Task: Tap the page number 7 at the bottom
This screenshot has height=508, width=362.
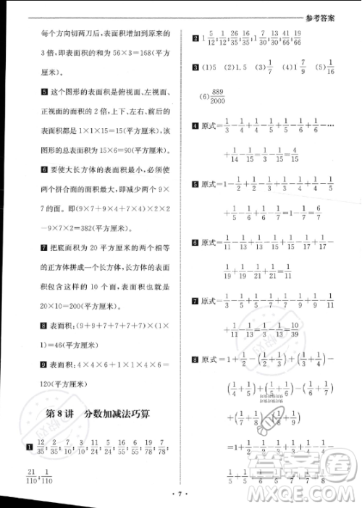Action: pyautogui.click(x=181, y=496)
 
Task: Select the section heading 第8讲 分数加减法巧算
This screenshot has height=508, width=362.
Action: pyautogui.click(x=101, y=415)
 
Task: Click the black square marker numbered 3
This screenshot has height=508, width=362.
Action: pyautogui.click(x=195, y=69)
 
